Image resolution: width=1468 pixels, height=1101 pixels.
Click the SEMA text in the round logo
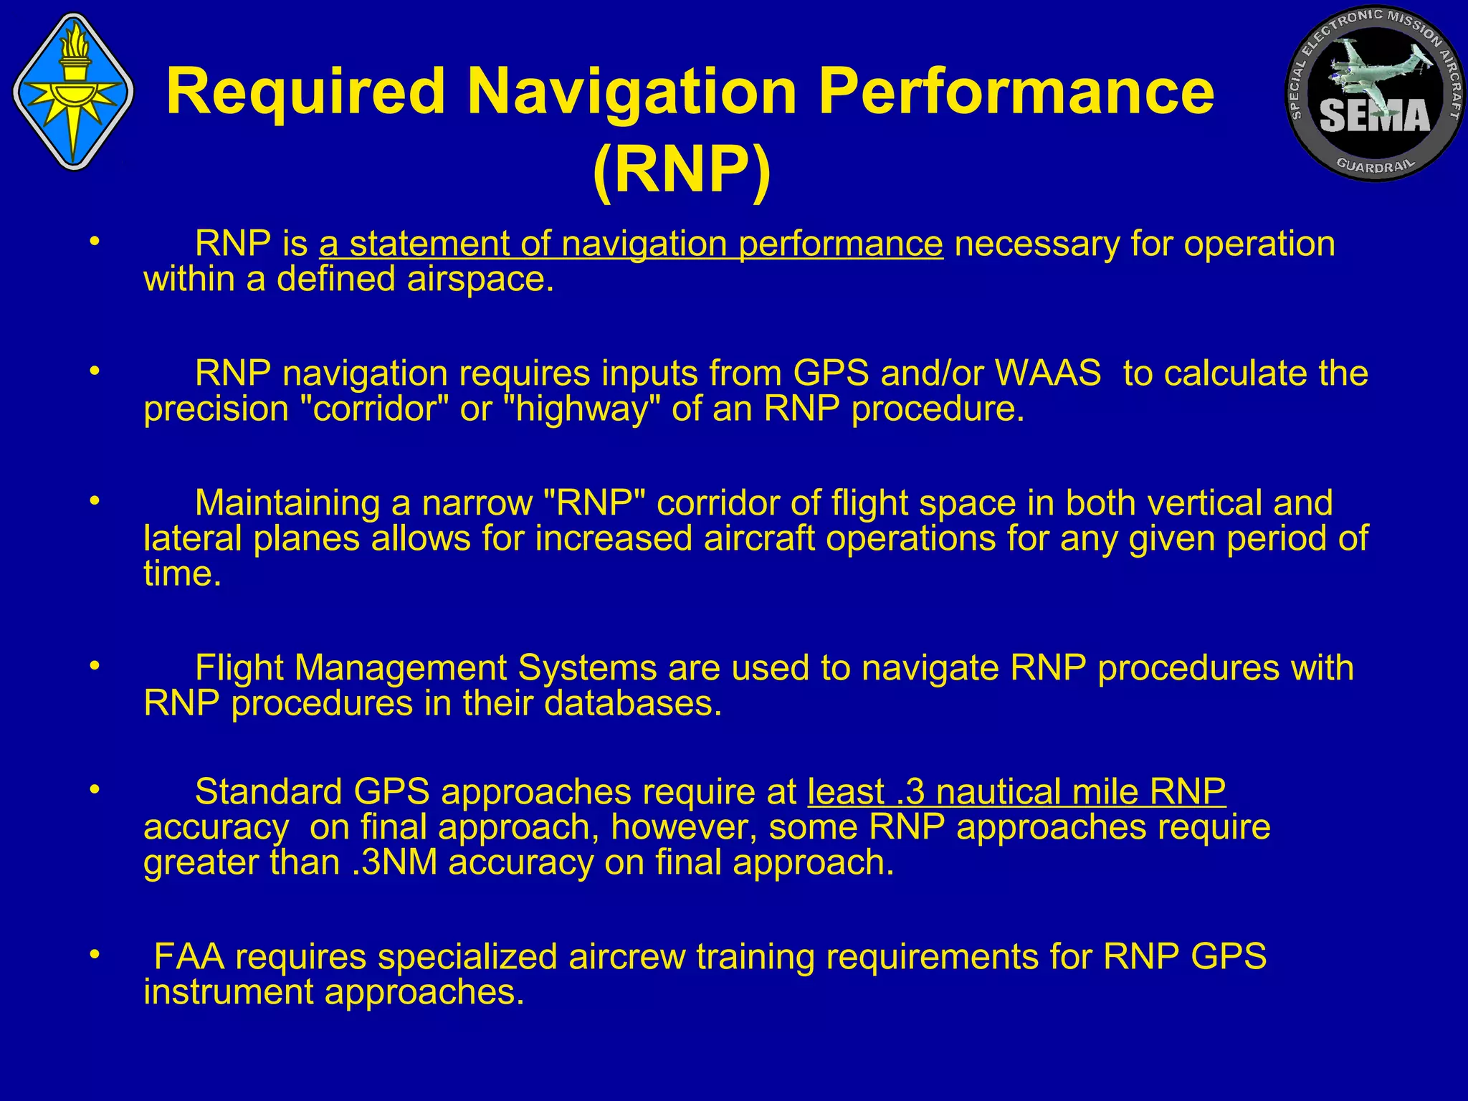(1375, 116)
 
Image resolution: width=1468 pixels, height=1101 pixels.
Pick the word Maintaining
(287, 503)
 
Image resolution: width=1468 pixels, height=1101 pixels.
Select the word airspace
(480, 279)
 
